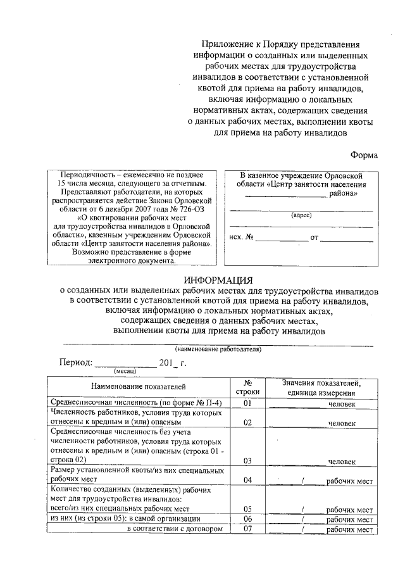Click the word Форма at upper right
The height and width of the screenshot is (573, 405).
pos(364,154)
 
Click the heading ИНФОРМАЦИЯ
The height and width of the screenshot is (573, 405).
pos(218,280)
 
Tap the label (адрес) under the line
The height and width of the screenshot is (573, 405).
pos(301,215)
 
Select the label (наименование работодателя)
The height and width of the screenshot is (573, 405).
pos(218,349)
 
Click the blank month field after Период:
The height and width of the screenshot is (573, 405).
pos(126,364)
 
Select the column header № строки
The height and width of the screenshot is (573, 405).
pos(248,387)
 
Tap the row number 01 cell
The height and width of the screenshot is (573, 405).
pos(248,403)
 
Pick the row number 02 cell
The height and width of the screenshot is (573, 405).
pos(248,422)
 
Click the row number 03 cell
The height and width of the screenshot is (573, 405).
pos(248,461)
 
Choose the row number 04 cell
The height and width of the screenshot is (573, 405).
pos(248,481)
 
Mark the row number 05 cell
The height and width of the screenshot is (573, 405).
pos(248,509)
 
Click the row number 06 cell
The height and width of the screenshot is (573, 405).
pos(248,519)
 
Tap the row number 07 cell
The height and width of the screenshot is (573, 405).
pos(248,530)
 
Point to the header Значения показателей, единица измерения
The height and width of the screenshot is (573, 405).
pos(321,387)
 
